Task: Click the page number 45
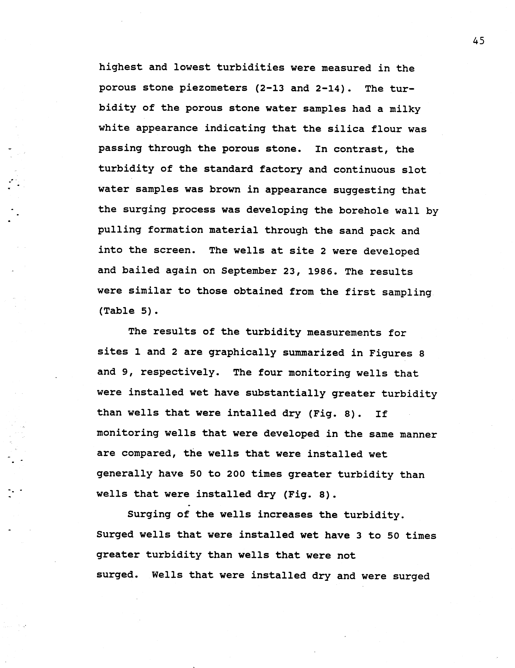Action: pos(478,41)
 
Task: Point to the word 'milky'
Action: pos(405,109)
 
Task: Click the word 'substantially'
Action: pos(285,393)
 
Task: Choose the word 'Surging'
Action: pos(149,515)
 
